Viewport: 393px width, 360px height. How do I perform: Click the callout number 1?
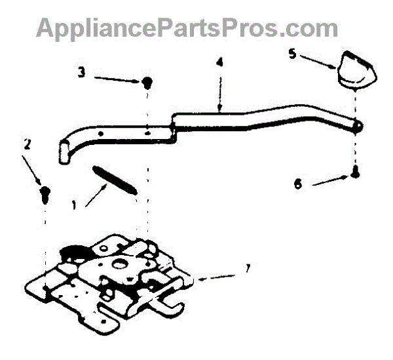(74, 204)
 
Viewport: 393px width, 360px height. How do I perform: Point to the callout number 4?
(219, 63)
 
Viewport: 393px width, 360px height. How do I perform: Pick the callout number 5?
(292, 53)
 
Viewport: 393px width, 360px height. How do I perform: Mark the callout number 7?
(246, 268)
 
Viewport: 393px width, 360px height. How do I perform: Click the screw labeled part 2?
(45, 192)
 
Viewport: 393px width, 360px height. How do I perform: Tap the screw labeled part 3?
(148, 82)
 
